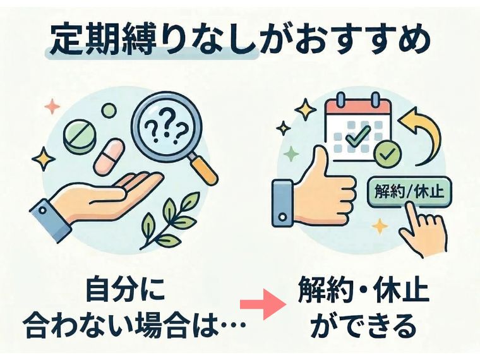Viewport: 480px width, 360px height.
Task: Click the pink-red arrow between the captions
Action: coord(263,304)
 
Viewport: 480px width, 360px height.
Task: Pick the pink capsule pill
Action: coord(109,156)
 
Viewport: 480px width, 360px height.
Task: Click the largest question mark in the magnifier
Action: coord(167,122)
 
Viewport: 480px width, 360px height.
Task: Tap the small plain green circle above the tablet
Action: coord(109,110)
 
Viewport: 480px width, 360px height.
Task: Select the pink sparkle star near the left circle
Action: coord(52,106)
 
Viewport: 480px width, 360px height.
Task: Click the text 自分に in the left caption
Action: coord(126,289)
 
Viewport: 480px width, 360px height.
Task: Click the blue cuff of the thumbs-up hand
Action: coord(282,203)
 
